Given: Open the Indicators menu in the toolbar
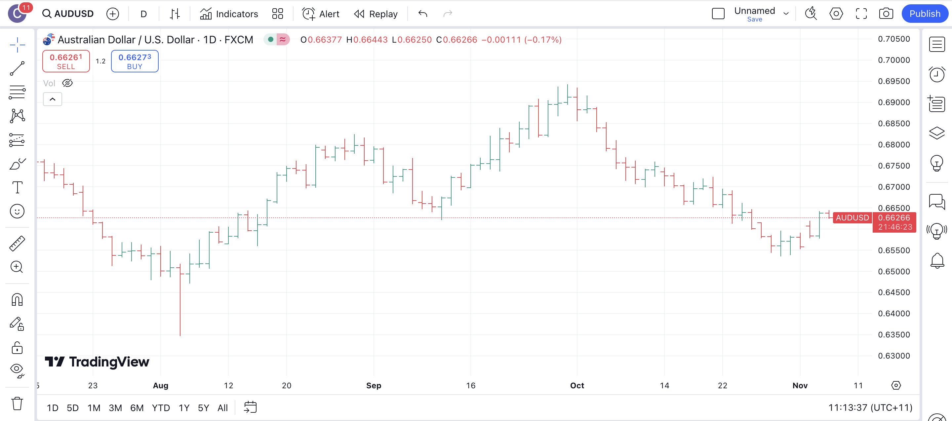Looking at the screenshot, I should pos(229,14).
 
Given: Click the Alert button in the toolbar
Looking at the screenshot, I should pos(321,14).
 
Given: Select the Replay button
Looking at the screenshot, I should pos(376,14).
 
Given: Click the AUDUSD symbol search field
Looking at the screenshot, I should pos(68,14).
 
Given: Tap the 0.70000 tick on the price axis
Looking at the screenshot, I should pos(893,60).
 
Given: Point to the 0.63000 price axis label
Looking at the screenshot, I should pos(893,356).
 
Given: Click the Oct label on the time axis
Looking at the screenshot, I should pos(577,386).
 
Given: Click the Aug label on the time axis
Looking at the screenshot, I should pos(160,386).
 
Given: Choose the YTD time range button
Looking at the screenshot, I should pos(161,408).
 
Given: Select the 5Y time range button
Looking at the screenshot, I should pos(203,408).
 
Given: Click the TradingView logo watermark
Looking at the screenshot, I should pos(97,362).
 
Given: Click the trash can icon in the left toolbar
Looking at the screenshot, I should pos(17,403).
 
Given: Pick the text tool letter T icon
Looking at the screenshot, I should pos(17,187).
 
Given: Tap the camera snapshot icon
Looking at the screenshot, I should pos(886,14).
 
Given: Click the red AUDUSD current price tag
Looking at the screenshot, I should pos(852,218).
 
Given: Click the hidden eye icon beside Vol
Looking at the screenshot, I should pos(67,83).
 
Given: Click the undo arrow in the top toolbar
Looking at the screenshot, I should pos(423,14).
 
